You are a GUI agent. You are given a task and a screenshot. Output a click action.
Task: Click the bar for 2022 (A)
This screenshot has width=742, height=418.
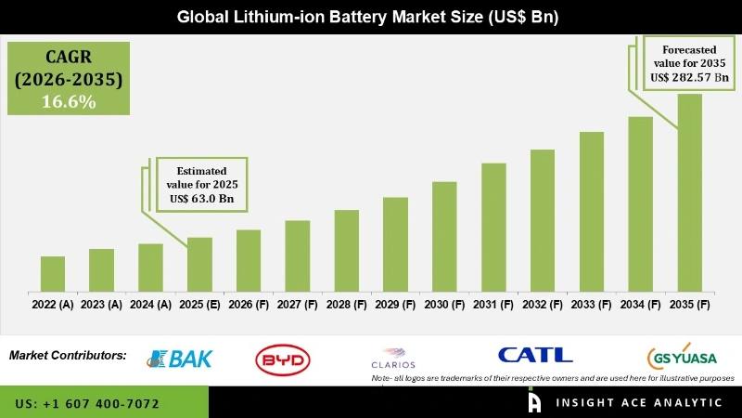pyautogui.click(x=53, y=274)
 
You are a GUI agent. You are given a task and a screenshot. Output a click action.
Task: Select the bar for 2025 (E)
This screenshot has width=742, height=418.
pyautogui.click(x=199, y=265)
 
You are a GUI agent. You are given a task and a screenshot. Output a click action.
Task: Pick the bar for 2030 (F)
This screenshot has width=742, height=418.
pyautogui.click(x=444, y=237)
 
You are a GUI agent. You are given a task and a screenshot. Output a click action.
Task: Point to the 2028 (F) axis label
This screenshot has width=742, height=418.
pyautogui.click(x=346, y=304)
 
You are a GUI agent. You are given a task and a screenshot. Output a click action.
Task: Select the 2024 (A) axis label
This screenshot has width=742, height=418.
pyautogui.click(x=150, y=304)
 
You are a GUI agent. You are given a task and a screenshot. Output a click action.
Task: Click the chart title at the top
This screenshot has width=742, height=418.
pyautogui.click(x=370, y=17)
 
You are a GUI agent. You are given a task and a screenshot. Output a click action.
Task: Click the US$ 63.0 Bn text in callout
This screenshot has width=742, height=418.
pyautogui.click(x=200, y=198)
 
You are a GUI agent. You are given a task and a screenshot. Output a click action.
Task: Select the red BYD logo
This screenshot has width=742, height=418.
pyautogui.click(x=283, y=359)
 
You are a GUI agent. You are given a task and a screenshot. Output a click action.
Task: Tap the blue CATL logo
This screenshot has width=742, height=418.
pyautogui.click(x=535, y=355)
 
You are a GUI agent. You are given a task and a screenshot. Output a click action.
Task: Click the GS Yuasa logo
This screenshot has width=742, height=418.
pyautogui.click(x=681, y=358)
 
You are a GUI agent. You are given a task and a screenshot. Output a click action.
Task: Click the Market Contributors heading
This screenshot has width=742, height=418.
pyautogui.click(x=68, y=356)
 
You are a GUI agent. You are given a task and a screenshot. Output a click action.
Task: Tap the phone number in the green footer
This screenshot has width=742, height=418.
pyautogui.click(x=87, y=404)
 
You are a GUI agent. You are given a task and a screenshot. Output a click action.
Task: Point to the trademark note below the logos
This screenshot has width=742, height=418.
pyautogui.click(x=553, y=378)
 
